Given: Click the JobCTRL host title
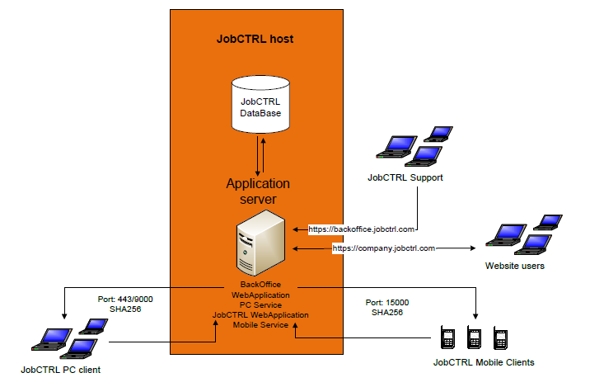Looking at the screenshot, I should pyautogui.click(x=255, y=39).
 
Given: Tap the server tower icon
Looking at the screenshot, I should pyautogui.click(x=261, y=241).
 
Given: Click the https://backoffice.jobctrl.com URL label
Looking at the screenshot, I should pyautogui.click(x=362, y=227).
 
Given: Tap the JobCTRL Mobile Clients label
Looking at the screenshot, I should pyautogui.click(x=484, y=362).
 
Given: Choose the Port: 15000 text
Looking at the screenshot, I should pyautogui.click(x=386, y=303).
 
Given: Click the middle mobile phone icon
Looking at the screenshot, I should pyautogui.click(x=474, y=337).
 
